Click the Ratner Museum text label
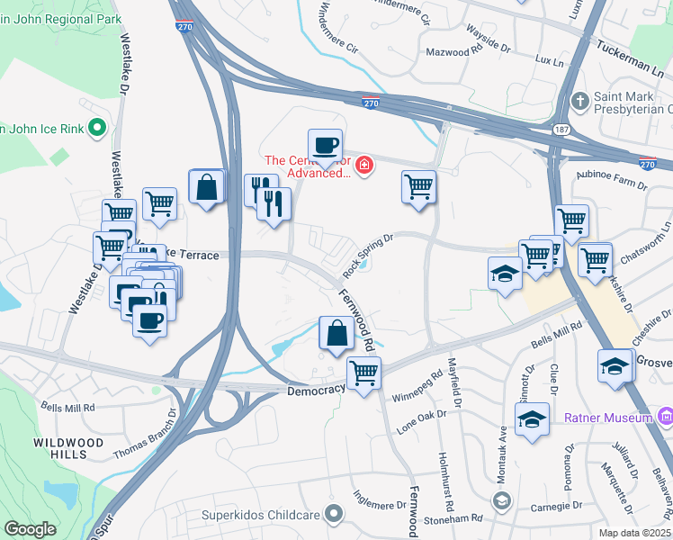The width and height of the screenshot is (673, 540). [x=607, y=418]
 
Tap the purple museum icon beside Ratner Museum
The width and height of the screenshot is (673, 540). [x=665, y=417]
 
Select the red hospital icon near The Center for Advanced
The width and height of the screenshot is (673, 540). [x=363, y=166]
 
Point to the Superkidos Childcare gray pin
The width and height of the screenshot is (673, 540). [x=334, y=514]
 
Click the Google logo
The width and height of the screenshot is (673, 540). [x=31, y=529]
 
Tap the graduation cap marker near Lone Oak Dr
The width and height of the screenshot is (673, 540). [x=532, y=418]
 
